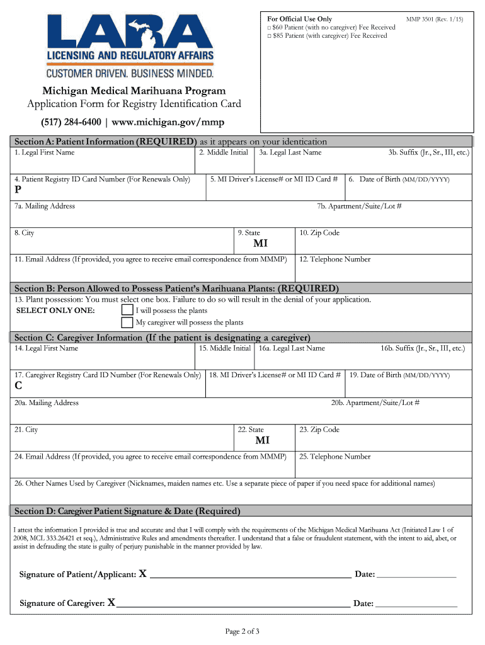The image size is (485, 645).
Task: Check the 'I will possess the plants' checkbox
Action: click(127, 311)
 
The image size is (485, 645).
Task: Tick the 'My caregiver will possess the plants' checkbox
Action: click(127, 322)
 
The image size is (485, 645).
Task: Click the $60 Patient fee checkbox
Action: click(268, 28)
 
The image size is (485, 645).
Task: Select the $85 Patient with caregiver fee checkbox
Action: click(268, 36)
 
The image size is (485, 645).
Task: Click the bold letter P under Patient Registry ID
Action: click(18, 192)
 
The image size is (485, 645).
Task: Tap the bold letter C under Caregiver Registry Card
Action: click(18, 387)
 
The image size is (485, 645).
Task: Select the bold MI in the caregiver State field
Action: click(262, 441)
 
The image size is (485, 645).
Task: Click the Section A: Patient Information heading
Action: click(105, 142)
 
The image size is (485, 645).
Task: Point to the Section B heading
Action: click(176, 288)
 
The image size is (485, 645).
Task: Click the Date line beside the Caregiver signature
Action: click(416, 605)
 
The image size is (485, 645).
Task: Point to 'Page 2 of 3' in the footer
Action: click(243, 631)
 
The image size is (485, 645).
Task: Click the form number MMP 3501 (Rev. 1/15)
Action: click(435, 20)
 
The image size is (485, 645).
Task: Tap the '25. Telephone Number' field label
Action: click(335, 457)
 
